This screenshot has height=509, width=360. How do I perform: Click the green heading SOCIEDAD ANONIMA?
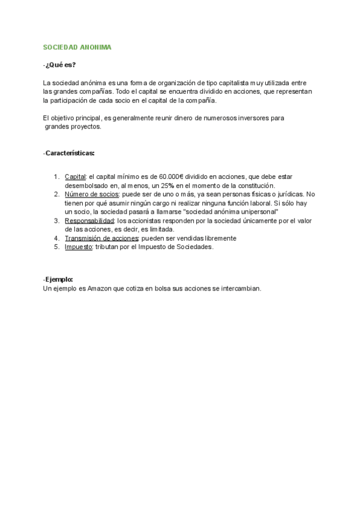click(x=77, y=47)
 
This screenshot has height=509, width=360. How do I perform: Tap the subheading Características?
click(x=70, y=154)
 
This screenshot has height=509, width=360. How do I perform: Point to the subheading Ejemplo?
click(x=58, y=280)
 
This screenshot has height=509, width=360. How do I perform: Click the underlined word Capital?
click(x=76, y=176)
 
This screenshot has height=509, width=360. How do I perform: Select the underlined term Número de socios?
click(x=92, y=194)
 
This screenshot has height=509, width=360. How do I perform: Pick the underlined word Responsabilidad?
click(x=89, y=221)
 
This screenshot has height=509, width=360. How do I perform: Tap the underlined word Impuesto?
click(x=79, y=247)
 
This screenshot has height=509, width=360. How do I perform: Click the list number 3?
click(x=56, y=221)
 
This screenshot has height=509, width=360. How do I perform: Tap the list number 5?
click(x=56, y=247)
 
